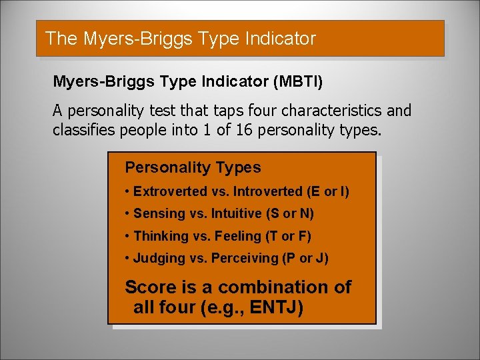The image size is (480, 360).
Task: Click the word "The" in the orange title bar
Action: coord(61,39)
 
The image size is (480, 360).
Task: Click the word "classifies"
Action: coord(85,129)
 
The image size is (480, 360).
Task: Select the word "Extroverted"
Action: coord(171,192)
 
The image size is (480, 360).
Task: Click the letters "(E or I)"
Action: coord(328,192)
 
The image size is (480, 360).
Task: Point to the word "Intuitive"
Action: coord(235,214)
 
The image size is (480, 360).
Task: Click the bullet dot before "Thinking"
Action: coord(127,237)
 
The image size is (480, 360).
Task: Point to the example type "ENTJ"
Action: coord(277,309)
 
